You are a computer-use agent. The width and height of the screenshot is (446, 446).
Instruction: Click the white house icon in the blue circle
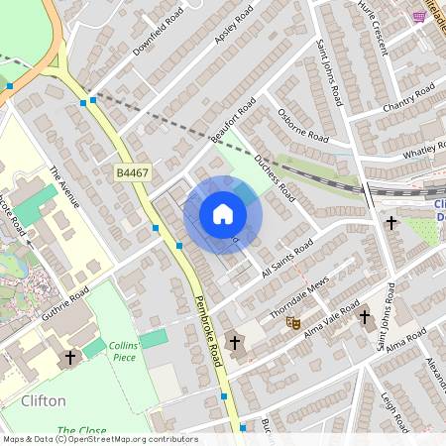[x=223, y=213]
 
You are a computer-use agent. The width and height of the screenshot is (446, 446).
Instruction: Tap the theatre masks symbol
[x=292, y=321]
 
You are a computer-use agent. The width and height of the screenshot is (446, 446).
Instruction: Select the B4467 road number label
[x=132, y=173]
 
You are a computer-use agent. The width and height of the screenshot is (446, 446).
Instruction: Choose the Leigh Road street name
[x=394, y=412]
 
